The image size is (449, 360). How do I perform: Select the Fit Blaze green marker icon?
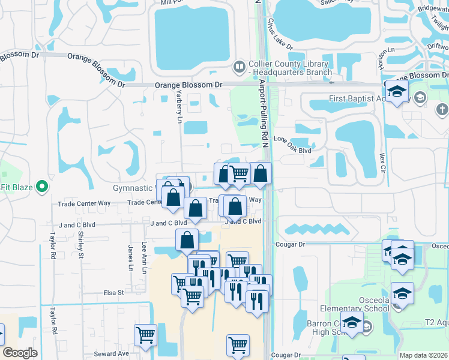click(x=42, y=187)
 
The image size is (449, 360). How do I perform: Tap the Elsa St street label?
click(x=113, y=293)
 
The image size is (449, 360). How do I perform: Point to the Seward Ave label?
click(x=111, y=354)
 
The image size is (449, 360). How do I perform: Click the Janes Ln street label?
click(x=130, y=253)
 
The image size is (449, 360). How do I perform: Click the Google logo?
click(x=20, y=352)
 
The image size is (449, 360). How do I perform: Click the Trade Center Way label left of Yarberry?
click(x=84, y=203)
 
